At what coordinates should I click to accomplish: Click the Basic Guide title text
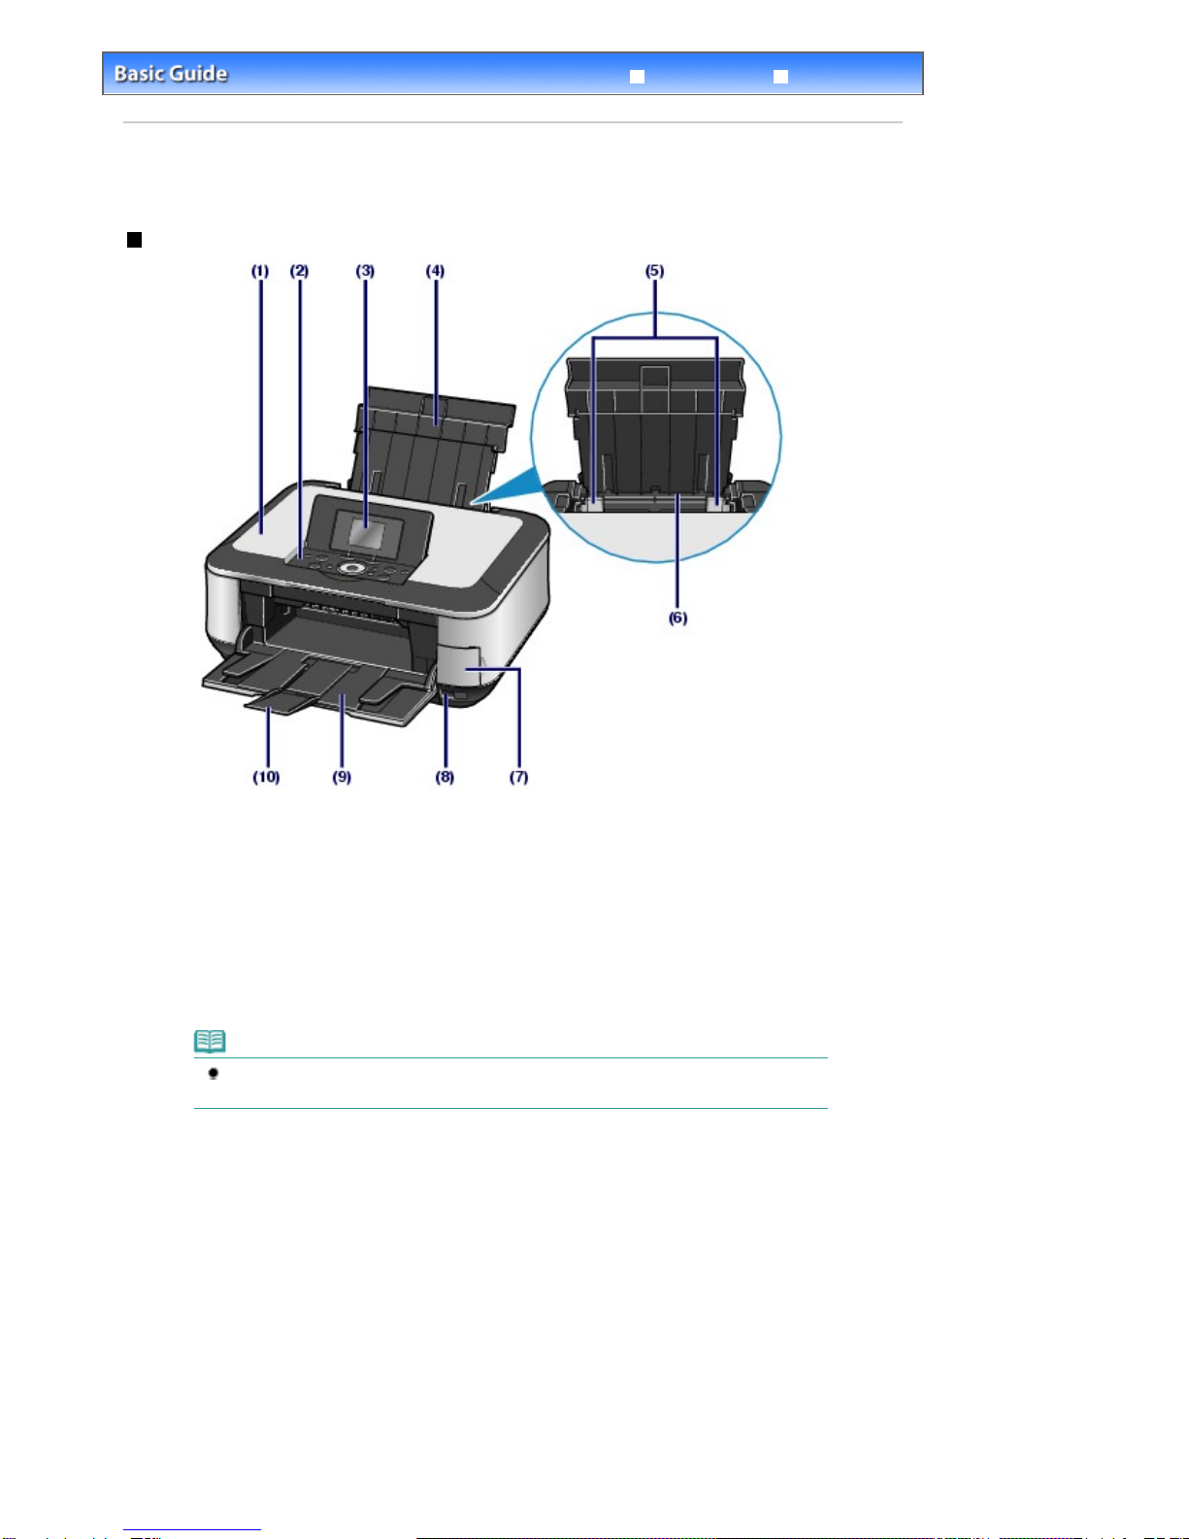pyautogui.click(x=171, y=74)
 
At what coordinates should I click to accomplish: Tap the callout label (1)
pyautogui.click(x=260, y=271)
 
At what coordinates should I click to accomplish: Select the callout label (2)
pyautogui.click(x=299, y=271)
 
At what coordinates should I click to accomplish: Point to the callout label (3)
pyautogui.click(x=365, y=271)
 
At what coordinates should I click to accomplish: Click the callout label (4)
pyautogui.click(x=435, y=271)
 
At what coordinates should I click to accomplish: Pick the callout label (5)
pyautogui.click(x=654, y=271)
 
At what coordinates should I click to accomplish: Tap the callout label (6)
pyautogui.click(x=678, y=618)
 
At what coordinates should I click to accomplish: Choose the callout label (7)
pyautogui.click(x=518, y=777)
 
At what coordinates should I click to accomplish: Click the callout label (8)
pyautogui.click(x=445, y=777)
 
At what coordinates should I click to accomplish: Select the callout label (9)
pyautogui.click(x=342, y=777)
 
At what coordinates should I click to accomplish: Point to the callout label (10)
pyautogui.click(x=266, y=777)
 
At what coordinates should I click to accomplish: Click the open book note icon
pyautogui.click(x=210, y=1041)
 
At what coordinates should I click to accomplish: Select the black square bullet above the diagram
pyautogui.click(x=135, y=240)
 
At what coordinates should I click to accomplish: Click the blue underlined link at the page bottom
pyautogui.click(x=192, y=1530)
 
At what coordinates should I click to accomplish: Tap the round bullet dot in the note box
pyautogui.click(x=213, y=1074)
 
